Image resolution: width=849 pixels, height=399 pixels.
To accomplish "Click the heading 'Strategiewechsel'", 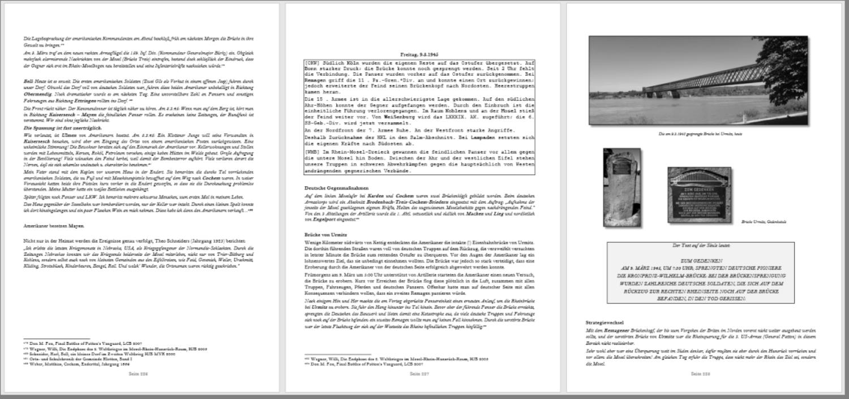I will coord(601,322).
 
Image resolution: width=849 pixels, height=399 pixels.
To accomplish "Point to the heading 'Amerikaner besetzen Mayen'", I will coord(53,226).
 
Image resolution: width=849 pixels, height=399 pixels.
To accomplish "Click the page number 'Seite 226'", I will coord(138,374).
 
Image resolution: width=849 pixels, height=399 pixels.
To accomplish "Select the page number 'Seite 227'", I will coord(419,374).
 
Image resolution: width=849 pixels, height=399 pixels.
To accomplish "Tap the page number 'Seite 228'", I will coord(700,374).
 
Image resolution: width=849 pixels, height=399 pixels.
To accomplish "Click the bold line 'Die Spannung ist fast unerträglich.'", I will coord(54,128).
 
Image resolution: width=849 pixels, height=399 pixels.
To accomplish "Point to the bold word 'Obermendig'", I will coord(37,94).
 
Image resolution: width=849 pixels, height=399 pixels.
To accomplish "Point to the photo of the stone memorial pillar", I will coord(622,186).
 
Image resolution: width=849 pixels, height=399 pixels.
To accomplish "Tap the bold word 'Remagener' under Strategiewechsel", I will coord(616,329).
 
